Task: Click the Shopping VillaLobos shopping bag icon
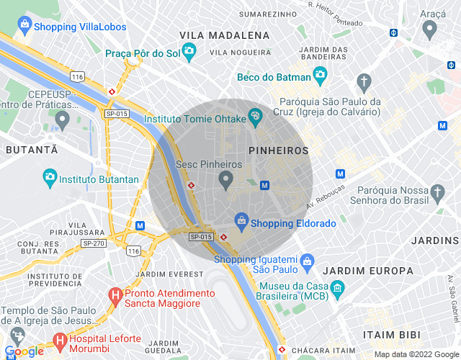click(x=25, y=27)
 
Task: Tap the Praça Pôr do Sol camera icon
click(x=189, y=50)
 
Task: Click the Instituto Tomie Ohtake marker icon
click(x=255, y=116)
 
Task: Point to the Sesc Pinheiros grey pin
click(x=225, y=179)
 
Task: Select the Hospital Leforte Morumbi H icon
click(x=60, y=339)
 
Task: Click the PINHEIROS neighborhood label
click(x=278, y=150)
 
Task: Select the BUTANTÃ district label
click(x=31, y=150)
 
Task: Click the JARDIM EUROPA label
click(x=369, y=271)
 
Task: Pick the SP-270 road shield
click(x=94, y=243)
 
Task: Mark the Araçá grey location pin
click(x=431, y=30)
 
